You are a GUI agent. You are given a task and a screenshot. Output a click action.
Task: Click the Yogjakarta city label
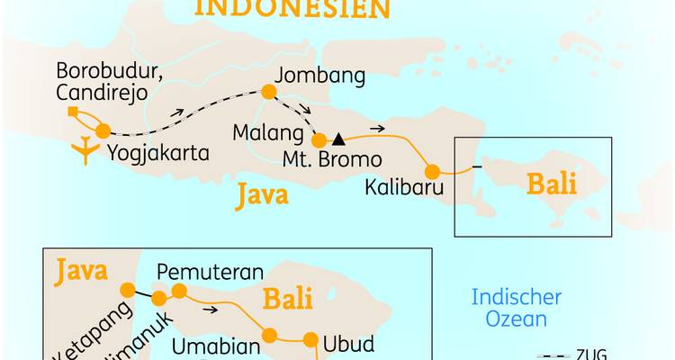(157, 154)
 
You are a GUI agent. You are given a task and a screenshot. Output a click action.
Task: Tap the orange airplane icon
(85, 151)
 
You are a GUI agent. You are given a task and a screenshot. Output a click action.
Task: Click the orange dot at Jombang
(267, 91)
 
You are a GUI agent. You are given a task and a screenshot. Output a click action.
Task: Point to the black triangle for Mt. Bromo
(338, 139)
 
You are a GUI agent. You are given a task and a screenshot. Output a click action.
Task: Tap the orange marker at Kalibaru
(433, 171)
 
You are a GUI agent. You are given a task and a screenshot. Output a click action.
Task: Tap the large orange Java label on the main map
(262, 194)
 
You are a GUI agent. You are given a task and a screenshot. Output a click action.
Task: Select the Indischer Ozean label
(517, 308)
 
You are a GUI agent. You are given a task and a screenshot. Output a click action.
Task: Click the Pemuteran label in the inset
(210, 272)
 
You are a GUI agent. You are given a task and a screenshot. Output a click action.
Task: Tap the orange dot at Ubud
(310, 340)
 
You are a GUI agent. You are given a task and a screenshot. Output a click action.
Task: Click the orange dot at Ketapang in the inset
(127, 290)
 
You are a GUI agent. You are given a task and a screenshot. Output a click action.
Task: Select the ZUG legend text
(591, 354)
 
